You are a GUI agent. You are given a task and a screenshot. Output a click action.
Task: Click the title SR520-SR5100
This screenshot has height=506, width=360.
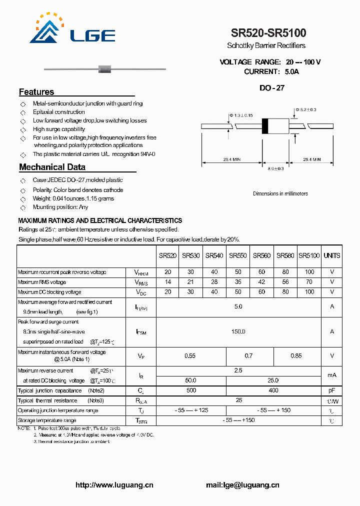pos(268,33)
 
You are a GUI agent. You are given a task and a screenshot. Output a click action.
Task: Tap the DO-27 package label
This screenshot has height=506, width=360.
pos(272,88)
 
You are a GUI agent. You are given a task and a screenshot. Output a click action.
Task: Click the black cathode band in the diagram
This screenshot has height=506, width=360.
pos(265,126)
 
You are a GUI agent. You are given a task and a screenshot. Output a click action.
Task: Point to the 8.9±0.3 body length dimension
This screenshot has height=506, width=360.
pos(276,168)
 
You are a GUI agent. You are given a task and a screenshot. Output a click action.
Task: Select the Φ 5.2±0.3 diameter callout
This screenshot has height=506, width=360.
pos(305,109)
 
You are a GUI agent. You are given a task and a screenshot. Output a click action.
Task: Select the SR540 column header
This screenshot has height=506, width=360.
pos(214,255)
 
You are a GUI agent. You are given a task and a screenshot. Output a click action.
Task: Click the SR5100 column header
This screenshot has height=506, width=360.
pos(309,255)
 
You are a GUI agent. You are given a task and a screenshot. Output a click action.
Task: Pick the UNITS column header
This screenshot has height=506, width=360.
pos(331,255)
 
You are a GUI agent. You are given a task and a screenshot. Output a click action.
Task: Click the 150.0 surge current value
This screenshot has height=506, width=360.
pos(238,331)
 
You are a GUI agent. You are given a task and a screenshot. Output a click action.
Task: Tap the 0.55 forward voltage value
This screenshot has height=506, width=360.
pos(190,356)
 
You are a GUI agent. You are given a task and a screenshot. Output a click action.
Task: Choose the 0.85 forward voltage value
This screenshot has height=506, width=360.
pos(296,356)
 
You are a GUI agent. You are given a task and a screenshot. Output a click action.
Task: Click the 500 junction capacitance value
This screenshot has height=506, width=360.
pos(191,390)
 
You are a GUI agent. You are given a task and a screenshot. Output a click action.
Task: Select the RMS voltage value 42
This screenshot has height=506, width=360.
pos(261,282)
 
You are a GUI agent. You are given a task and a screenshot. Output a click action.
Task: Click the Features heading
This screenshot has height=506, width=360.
pos(36,92)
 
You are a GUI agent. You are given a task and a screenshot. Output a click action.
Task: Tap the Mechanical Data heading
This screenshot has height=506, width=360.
pos(52,167)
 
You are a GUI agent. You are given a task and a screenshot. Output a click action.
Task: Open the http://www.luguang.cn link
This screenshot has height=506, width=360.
pos(114,484)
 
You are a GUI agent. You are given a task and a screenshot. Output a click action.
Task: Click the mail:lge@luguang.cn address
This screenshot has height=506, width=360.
pos(242,484)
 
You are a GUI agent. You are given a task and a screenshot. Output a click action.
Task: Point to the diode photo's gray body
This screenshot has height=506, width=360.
pos(105,68)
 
